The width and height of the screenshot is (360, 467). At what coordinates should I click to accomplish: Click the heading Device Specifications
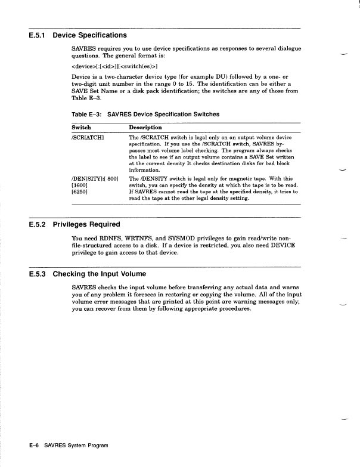point(89,36)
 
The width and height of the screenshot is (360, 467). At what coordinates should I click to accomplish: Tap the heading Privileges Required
point(86,225)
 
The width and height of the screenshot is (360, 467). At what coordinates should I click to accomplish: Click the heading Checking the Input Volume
point(99,274)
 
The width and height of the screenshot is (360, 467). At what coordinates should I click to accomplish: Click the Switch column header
point(81,128)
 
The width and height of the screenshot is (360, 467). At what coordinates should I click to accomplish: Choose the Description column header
point(145,128)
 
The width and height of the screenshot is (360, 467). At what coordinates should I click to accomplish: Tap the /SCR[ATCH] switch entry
point(88,138)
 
